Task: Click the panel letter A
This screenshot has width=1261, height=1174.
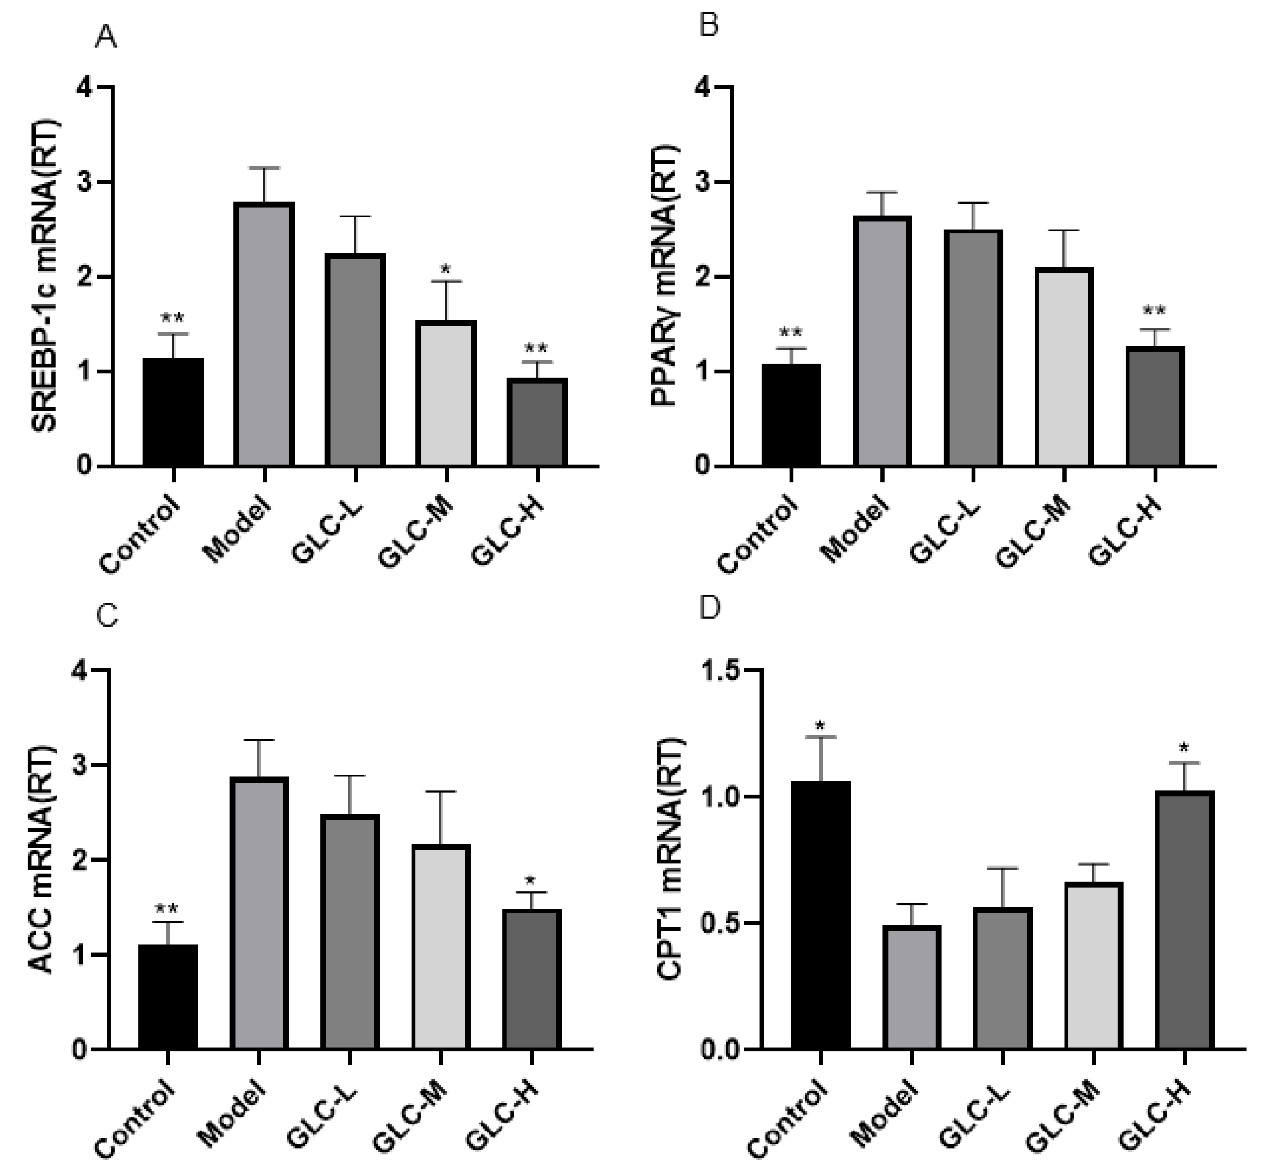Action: [x=106, y=38]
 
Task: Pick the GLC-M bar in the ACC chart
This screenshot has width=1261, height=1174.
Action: [x=441, y=947]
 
